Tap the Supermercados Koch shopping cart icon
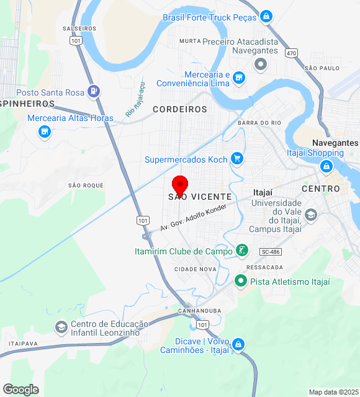pyautogui.click(x=236, y=159)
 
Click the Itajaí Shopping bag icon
pyautogui.click(x=326, y=166)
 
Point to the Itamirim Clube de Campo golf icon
pyautogui.click(x=242, y=251)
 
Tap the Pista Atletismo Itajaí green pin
pyautogui.click(x=241, y=282)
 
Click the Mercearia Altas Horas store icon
pyautogui.click(x=44, y=132)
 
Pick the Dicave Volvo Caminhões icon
pyautogui.click(x=238, y=345)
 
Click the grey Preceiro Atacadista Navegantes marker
pyautogui.click(x=260, y=64)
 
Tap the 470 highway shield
pyautogui.click(x=292, y=53)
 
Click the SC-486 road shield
pyautogui.click(x=271, y=251)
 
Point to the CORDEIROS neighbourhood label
pyautogui.click(x=180, y=109)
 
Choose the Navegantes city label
pyautogui.click(x=335, y=143)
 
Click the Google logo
pyautogui.click(x=20, y=389)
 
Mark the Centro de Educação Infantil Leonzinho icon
pyautogui.click(x=61, y=327)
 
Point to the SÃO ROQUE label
pyautogui.click(x=86, y=185)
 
